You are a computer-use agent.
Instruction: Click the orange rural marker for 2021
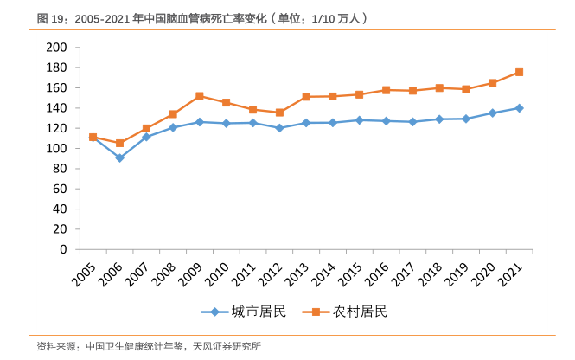tap(519, 72)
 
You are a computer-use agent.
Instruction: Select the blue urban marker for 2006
tap(119, 158)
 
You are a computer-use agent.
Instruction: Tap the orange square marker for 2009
tap(199, 96)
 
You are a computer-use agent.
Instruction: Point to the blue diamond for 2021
tap(519, 108)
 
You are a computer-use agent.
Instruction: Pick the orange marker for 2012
tap(279, 112)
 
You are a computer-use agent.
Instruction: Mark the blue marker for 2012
tap(279, 128)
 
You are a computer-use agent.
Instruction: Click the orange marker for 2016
tap(386, 90)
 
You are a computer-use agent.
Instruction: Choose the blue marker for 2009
tap(199, 122)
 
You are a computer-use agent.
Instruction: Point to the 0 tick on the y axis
tap(63, 249)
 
